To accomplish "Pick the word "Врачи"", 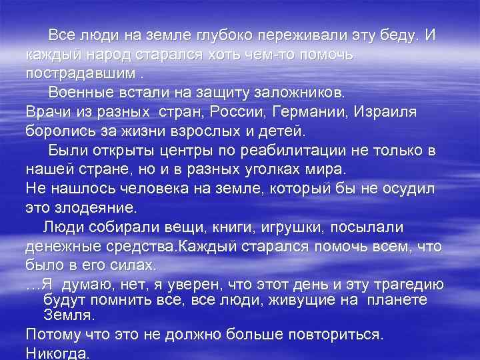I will [48, 109].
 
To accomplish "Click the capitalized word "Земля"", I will [69, 314].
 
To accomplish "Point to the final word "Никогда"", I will [57, 353].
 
